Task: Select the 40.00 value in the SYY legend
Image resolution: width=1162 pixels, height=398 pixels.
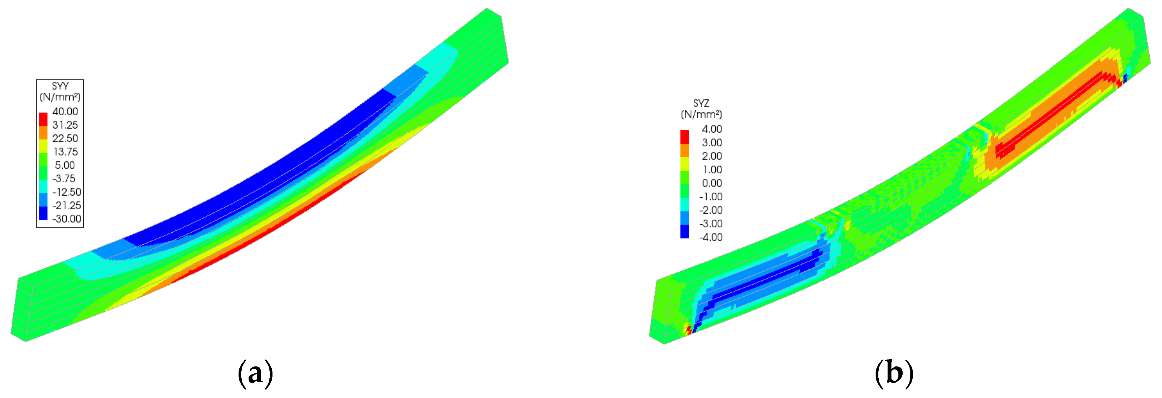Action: [x=65, y=111]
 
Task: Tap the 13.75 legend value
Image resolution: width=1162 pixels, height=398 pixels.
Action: [x=66, y=152]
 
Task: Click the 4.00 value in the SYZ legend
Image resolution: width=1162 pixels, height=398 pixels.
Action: [x=712, y=129]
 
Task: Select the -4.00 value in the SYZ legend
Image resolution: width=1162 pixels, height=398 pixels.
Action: [x=711, y=237]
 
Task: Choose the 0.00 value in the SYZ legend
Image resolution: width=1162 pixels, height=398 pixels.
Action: [x=712, y=183]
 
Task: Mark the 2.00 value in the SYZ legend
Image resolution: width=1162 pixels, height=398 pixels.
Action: [x=712, y=156]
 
